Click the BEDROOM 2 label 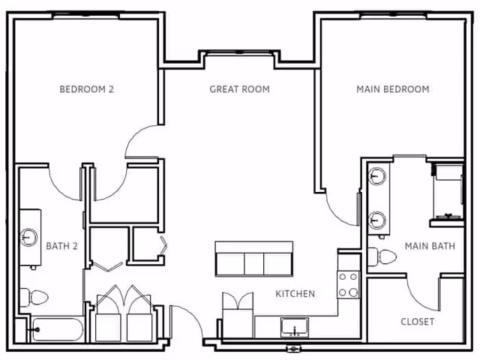point(86,89)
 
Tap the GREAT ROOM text point(239,89)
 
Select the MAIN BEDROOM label point(392,89)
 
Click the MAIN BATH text point(426,245)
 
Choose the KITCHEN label point(295,293)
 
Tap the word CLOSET point(418,321)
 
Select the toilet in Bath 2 point(27,297)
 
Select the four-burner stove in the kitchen point(348,283)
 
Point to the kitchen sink point(294,327)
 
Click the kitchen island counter point(253,259)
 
